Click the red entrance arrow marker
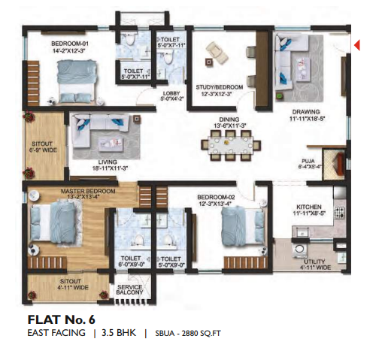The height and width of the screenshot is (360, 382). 357,45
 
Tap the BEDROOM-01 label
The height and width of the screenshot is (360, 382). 70,44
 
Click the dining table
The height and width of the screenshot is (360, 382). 231,145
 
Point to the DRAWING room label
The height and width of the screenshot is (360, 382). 306,112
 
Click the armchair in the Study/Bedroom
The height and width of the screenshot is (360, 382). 217,52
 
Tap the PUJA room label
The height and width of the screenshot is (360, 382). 308,161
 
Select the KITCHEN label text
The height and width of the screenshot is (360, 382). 309,207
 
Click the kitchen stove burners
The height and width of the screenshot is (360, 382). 340,212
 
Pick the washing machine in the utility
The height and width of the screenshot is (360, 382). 299,250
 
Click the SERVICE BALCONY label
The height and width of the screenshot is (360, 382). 129,289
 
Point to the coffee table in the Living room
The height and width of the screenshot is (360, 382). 111,144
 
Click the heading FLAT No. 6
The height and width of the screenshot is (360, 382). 62,319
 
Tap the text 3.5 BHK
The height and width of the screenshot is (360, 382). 119,333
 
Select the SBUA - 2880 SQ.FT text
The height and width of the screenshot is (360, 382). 188,334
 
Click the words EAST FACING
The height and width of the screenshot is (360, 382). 56,333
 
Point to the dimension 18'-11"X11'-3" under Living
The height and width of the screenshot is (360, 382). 110,168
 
